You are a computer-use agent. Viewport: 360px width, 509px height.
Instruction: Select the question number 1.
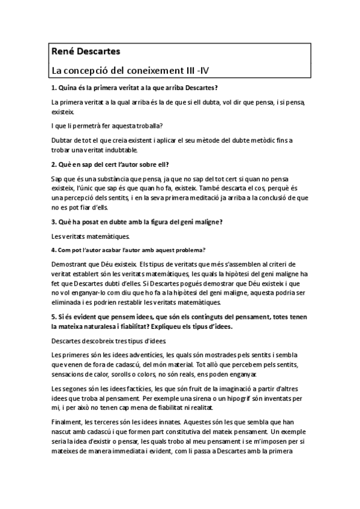pos(54,88)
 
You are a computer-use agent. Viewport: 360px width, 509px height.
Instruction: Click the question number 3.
pos(54,221)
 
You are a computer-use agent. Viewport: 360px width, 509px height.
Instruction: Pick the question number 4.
pos(53,250)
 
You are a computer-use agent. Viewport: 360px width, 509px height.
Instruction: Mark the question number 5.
pos(54,316)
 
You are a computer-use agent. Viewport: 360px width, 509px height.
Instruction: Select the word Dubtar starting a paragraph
pos(62,140)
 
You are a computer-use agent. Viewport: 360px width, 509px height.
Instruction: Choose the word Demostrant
pos(70,264)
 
